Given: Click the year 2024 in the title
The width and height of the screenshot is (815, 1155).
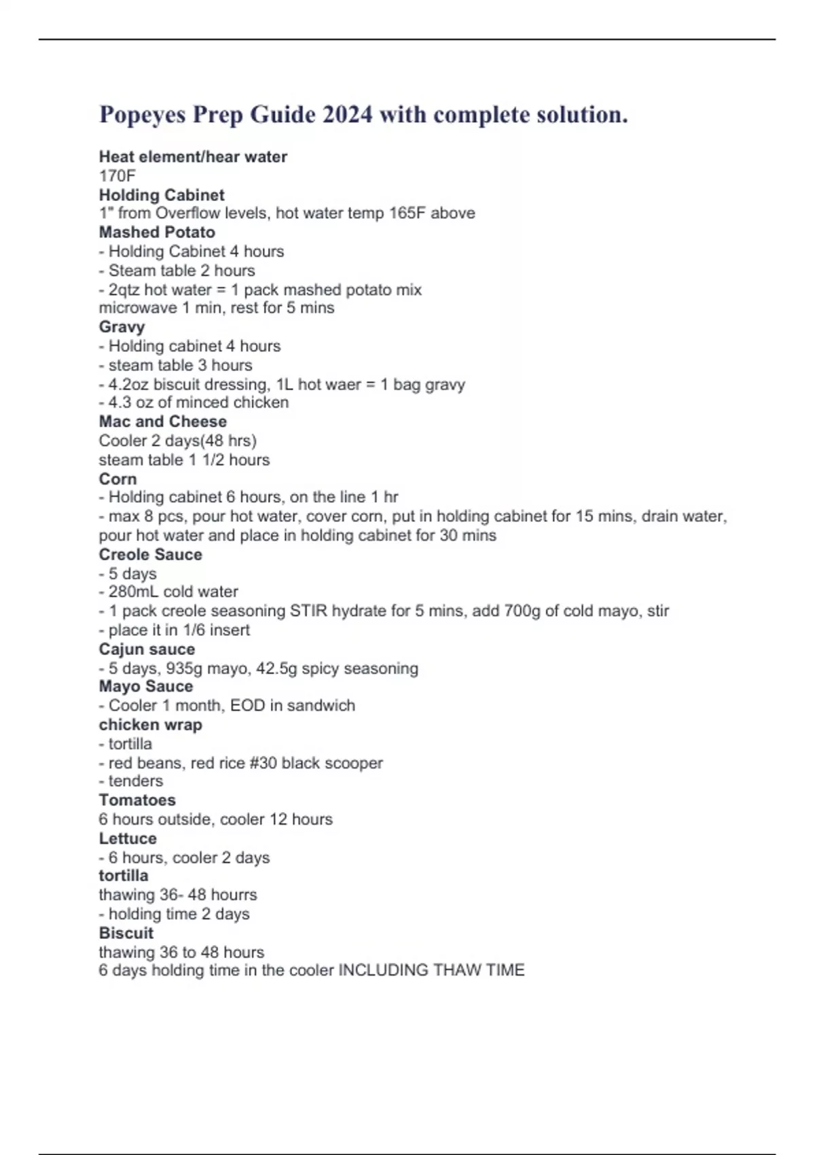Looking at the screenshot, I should click(x=347, y=114).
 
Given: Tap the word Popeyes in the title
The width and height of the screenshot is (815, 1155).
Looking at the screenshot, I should click(x=142, y=114).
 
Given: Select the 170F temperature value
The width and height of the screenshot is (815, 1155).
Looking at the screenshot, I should click(x=117, y=176).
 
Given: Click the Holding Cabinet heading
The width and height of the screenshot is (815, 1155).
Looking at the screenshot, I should click(x=162, y=195).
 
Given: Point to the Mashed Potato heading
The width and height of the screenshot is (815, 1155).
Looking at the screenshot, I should click(x=157, y=232).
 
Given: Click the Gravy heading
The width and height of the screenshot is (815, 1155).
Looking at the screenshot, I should click(x=122, y=327).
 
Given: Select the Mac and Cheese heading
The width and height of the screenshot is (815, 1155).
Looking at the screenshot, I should click(x=163, y=421).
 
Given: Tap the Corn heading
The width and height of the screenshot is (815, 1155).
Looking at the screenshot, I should click(x=117, y=479).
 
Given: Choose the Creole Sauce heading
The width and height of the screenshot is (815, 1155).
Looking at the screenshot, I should click(x=150, y=554).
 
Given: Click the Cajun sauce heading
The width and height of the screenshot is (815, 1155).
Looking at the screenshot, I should click(x=147, y=649).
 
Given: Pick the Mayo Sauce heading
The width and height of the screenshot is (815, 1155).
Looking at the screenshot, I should click(x=145, y=686).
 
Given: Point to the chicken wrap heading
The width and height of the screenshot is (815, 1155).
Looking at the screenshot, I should click(x=150, y=725).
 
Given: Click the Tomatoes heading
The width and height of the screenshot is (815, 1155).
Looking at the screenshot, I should click(x=137, y=800).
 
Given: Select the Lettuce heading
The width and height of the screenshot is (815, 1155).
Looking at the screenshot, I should click(x=128, y=838).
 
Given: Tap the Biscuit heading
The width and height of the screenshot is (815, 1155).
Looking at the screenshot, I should click(x=126, y=933).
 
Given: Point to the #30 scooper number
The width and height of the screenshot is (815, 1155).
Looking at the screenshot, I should click(x=264, y=763).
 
